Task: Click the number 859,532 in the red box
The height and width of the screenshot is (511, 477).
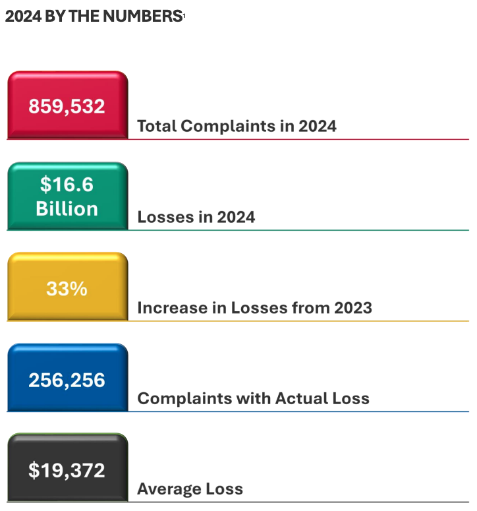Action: tap(67, 106)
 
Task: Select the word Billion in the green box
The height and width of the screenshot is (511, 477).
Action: tap(67, 209)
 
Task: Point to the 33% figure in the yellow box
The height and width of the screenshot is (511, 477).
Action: tap(67, 288)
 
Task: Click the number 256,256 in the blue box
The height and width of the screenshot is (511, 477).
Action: tap(67, 380)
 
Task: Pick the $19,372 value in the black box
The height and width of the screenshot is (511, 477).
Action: tap(67, 470)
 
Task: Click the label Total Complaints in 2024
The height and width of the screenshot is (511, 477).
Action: tap(237, 126)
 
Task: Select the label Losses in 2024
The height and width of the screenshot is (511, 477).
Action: tap(196, 217)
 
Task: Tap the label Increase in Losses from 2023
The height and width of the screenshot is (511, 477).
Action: tap(254, 308)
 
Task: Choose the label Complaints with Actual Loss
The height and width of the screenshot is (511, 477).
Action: tap(253, 398)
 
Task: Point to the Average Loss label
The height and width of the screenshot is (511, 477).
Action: tap(190, 489)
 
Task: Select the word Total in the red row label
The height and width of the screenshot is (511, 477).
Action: tap(156, 126)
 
